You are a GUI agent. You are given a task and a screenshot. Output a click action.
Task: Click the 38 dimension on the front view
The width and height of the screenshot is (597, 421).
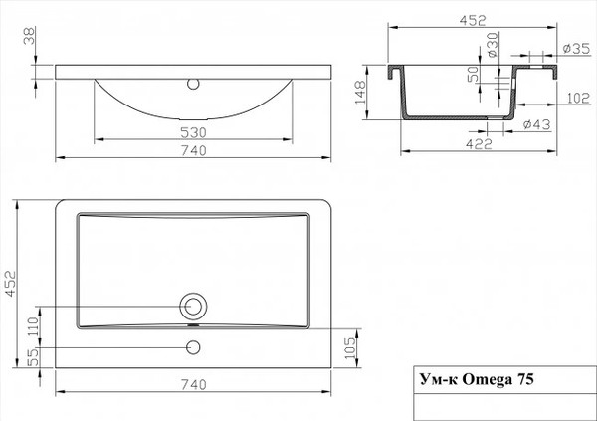(27, 39)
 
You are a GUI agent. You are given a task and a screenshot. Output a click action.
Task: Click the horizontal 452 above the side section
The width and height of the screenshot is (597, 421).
(474, 15)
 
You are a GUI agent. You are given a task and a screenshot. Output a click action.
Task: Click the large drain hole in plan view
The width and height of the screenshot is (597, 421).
(193, 305)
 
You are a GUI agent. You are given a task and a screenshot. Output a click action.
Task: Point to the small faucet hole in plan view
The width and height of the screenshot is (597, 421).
(193, 347)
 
